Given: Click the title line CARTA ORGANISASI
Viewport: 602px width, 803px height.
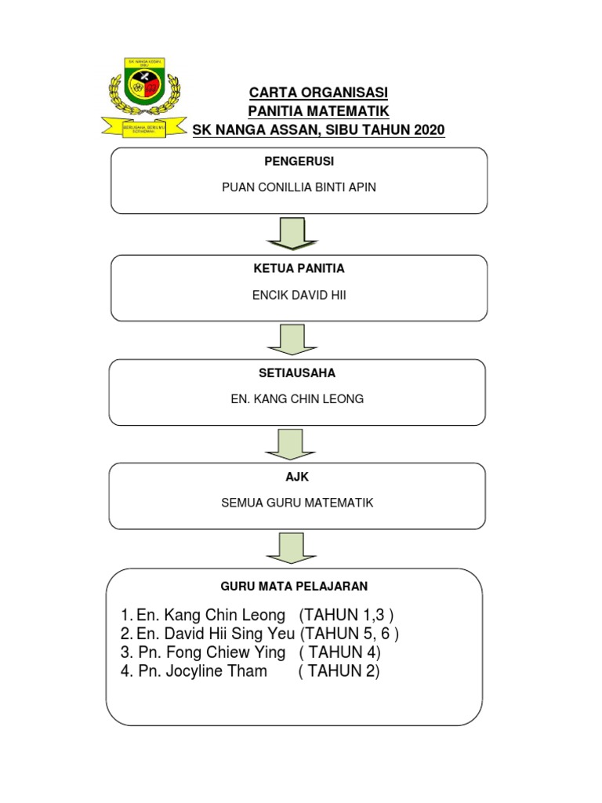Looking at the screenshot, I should [318, 93].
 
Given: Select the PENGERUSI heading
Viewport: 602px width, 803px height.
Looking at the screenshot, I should [299, 161].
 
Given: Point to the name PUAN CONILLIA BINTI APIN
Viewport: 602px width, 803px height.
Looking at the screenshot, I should [299, 188].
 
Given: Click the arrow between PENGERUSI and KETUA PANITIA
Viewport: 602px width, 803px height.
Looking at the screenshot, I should [292, 234].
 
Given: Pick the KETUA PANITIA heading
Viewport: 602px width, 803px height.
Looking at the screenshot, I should [299, 268].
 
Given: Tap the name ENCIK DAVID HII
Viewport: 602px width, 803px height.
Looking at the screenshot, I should [299, 295].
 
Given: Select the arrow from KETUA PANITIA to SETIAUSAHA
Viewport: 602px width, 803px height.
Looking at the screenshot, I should [292, 339].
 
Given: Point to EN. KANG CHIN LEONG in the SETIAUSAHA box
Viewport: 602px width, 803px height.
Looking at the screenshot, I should [297, 399].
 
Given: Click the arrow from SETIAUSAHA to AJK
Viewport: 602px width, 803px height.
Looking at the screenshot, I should [292, 443].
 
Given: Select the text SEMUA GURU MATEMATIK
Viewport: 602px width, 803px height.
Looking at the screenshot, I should [298, 503].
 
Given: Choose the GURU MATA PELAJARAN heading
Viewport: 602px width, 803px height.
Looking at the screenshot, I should [294, 586].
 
